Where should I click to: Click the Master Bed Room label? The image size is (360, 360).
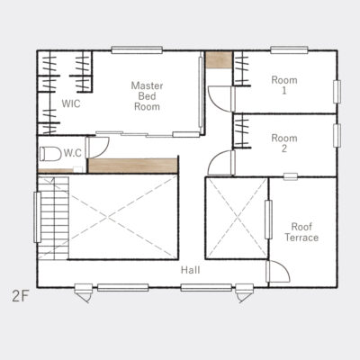pos(147,96)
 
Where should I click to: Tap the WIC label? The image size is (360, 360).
pos(71,103)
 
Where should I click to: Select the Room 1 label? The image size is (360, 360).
pos(284,85)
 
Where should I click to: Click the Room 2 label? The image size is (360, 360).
pos(284,143)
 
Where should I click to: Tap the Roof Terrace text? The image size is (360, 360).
pos(301,232)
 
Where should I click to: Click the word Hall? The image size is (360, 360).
pos(190,270)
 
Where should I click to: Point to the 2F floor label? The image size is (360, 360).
pos(20,297)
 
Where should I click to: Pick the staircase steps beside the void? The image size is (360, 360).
pos(53,218)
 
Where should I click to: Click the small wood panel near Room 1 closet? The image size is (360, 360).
pos(219,60)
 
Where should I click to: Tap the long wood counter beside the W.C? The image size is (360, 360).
pos(133,166)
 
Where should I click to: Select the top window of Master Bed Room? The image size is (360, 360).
pos(137,50)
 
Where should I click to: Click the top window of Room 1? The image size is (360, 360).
pos(289,50)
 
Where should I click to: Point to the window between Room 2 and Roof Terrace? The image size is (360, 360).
pos(291,176)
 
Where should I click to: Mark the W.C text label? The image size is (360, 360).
pos(73,153)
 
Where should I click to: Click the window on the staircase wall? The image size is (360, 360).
pos(37,217)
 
